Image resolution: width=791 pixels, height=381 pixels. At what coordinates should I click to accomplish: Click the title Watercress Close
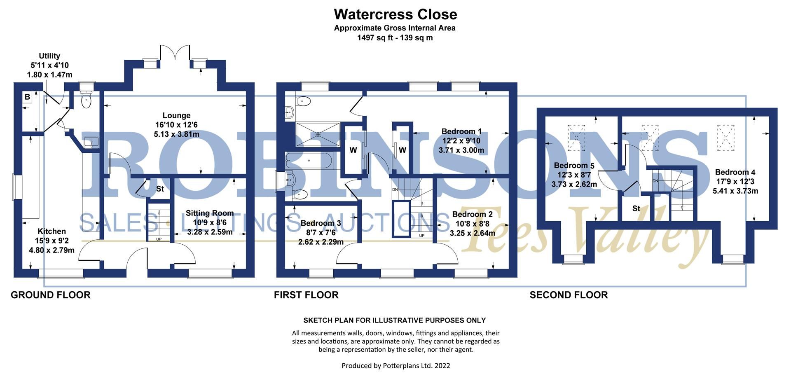[395, 14]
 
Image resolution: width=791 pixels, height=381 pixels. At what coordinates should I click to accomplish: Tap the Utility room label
[49, 56]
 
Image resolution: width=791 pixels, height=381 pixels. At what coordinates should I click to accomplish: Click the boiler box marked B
[27, 97]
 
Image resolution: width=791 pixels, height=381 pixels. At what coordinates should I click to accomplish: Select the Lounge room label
[176, 116]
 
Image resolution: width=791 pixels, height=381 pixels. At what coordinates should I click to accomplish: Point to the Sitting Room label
[210, 213]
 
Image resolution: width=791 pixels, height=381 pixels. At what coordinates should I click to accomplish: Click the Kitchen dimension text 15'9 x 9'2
[51, 241]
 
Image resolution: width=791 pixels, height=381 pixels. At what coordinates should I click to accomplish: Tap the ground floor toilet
[87, 100]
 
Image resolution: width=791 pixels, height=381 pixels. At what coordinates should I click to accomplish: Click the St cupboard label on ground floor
[160, 189]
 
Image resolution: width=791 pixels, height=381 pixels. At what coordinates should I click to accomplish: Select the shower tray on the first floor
[318, 134]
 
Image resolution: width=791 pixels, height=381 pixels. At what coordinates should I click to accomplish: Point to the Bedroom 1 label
[461, 131]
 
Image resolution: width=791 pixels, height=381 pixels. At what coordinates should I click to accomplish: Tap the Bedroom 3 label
[321, 223]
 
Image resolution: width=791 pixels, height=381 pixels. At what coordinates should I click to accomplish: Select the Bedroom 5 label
[574, 166]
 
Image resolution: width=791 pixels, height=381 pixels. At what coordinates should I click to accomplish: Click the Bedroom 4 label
[735, 172]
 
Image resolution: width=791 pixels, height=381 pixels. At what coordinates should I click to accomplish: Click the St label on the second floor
[636, 209]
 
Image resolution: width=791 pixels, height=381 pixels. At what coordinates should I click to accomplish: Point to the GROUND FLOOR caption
[50, 295]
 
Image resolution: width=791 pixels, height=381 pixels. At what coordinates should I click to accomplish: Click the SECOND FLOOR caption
[569, 295]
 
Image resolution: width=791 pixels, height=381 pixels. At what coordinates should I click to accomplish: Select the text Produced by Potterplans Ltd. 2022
[395, 365]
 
